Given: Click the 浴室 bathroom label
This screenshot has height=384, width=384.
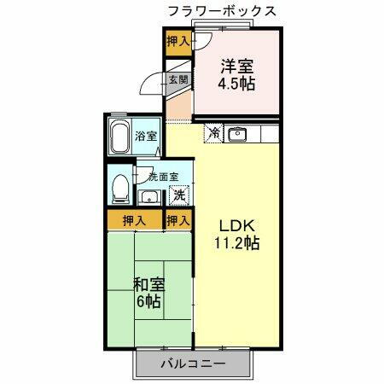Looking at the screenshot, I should click(x=146, y=136).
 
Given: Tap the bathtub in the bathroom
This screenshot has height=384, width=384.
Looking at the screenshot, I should click(x=119, y=137).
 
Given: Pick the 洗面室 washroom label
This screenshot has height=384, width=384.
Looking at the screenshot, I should click(x=162, y=177).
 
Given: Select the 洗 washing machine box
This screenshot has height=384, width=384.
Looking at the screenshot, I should click(x=179, y=195).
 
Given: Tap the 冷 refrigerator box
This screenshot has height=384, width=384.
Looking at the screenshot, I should click(x=212, y=133).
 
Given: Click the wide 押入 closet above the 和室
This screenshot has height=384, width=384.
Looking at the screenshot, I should click(x=133, y=220).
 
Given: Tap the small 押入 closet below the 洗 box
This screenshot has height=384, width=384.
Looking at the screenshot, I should click(x=177, y=220).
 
